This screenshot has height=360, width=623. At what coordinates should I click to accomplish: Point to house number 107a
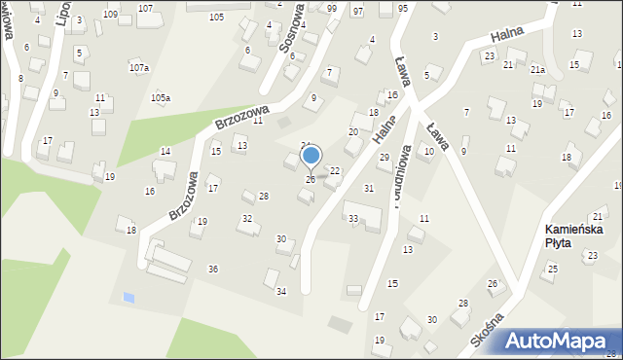click(139, 68)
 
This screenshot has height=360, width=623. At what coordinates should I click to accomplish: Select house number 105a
click(161, 98)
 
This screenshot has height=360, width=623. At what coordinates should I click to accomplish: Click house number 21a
click(537, 70)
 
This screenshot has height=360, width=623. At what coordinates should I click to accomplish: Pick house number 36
click(212, 269)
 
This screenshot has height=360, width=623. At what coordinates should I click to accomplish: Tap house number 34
click(281, 292)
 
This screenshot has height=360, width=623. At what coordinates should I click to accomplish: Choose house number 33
click(352, 218)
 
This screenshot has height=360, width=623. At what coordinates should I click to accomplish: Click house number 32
click(247, 219)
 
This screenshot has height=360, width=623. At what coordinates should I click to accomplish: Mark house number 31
click(368, 188)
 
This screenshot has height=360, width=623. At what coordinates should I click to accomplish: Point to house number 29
click(384, 157)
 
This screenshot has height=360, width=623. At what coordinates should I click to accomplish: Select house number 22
click(335, 170)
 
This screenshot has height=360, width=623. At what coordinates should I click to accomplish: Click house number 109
click(110, 15)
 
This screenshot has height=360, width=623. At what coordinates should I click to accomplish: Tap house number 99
click(332, 8)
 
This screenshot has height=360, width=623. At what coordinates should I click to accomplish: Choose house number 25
click(552, 269)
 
